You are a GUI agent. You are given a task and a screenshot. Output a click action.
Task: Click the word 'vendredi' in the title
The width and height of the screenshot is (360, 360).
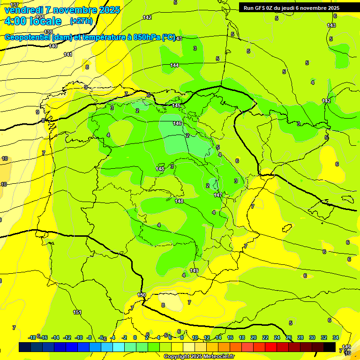[x=24, y=10]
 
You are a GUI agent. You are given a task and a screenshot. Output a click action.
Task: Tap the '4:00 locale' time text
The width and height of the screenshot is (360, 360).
[x=33, y=21]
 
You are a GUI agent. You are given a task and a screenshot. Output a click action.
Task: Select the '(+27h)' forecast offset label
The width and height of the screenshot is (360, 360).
[x=81, y=21]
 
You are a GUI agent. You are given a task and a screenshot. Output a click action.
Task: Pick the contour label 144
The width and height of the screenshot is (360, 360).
[x=174, y=65]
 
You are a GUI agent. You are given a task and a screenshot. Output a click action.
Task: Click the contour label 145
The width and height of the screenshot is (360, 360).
[x=176, y=105]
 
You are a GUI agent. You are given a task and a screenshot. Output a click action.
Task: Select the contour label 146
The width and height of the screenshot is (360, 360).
[x=177, y=123]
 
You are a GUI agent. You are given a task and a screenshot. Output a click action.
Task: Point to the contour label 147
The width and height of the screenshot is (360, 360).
[x=218, y=195]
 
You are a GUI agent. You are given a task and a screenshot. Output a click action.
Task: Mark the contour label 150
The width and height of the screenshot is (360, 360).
[x=142, y=294]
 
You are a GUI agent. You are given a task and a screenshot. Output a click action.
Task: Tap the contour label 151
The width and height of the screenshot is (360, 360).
[x=77, y=312]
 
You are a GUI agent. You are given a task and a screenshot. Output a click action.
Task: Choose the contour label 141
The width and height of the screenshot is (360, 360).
[x=68, y=54]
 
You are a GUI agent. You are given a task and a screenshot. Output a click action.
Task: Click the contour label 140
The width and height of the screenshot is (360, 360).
[x=53, y=46]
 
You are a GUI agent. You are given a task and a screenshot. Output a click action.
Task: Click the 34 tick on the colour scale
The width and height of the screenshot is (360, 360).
[x=336, y=337]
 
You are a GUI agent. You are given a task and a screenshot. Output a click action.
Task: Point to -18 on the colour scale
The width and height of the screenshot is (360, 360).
[x=32, y=337]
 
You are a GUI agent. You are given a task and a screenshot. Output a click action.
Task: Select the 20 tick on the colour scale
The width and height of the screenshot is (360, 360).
[x=254, y=337]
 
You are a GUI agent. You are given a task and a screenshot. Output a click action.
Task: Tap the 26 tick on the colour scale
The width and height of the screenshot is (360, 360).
[x=289, y=337]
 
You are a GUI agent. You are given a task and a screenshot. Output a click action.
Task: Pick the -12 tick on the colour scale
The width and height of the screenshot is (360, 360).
[x=67, y=337]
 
